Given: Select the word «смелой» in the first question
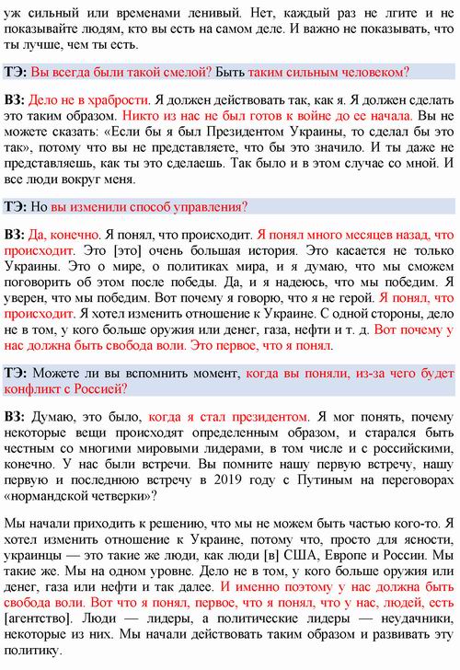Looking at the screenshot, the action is point(187,72).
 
